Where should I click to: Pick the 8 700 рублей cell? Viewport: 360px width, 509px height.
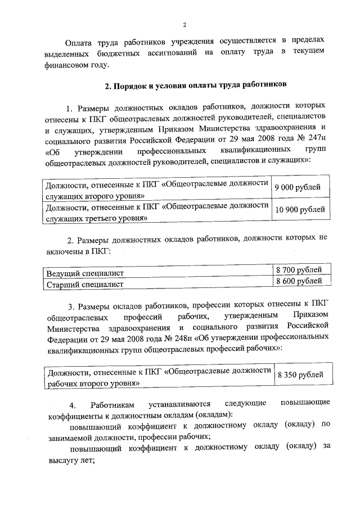299,270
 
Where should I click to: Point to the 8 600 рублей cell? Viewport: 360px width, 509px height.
299,281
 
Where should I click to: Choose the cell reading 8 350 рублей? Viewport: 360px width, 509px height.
300,374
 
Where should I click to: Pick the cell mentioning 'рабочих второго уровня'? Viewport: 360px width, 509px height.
157,374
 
